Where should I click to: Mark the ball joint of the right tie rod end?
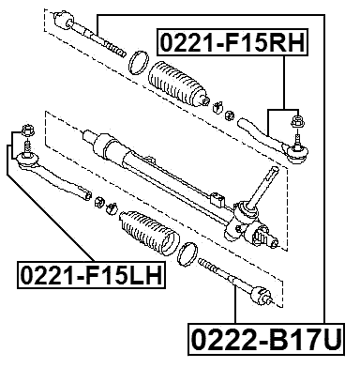tap(298, 144)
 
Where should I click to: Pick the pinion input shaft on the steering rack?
tap(271, 177)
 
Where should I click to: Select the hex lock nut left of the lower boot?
tap(108, 206)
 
